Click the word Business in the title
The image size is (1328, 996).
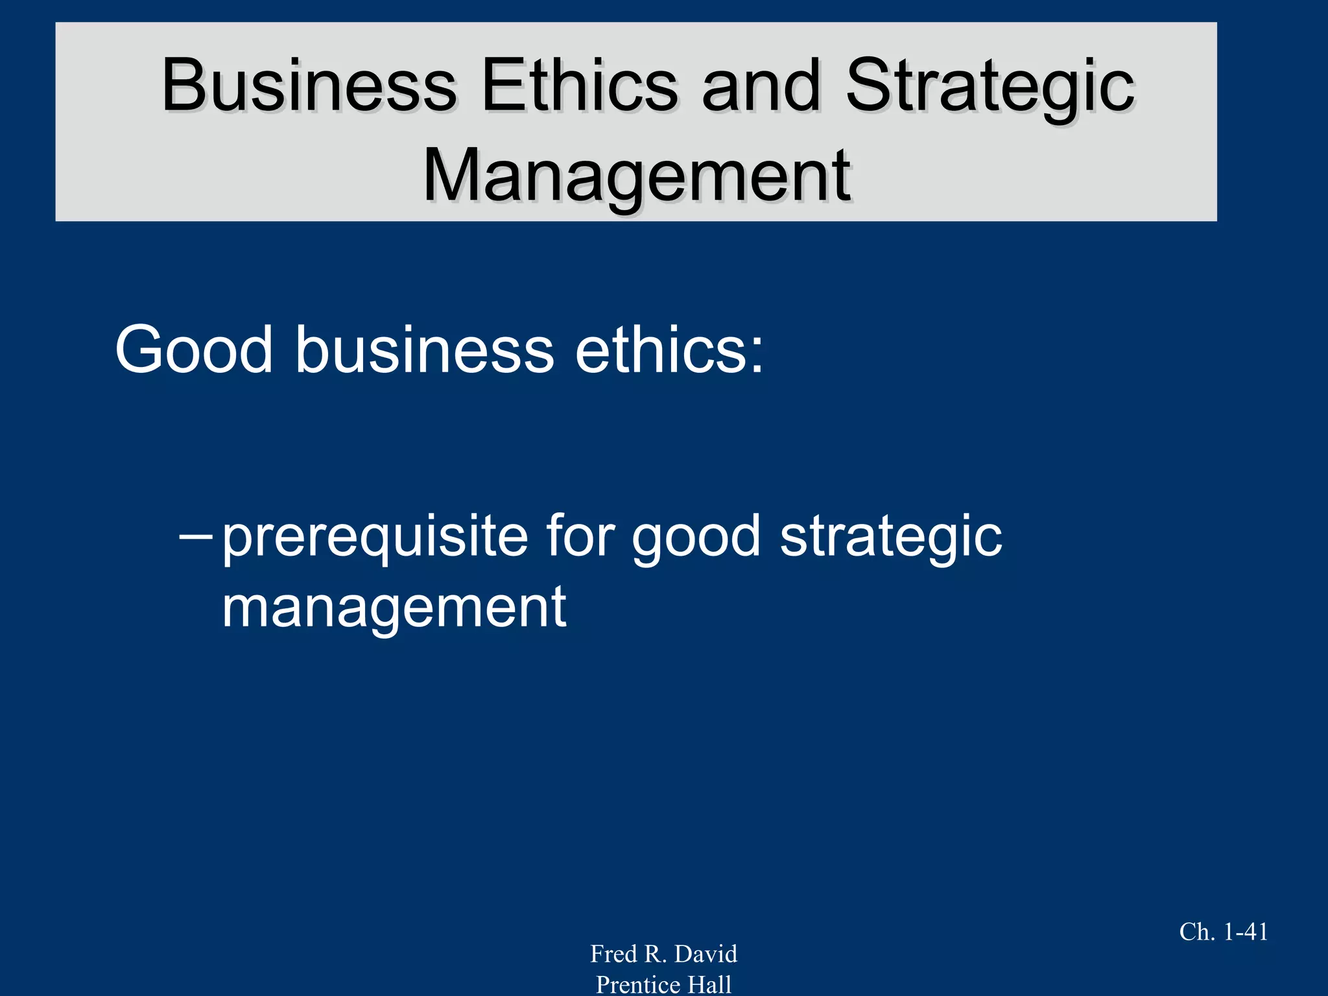click(x=309, y=86)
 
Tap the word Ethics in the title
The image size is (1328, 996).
click(x=579, y=86)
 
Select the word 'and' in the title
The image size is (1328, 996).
click(x=761, y=86)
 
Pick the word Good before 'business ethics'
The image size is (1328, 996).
click(x=194, y=350)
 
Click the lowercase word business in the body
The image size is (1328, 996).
click(x=425, y=350)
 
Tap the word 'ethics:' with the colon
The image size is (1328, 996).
click(x=669, y=350)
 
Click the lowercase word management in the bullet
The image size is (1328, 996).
click(x=394, y=608)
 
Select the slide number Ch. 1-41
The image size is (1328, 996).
click(x=1223, y=932)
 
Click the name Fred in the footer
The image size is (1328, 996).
click(x=613, y=954)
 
